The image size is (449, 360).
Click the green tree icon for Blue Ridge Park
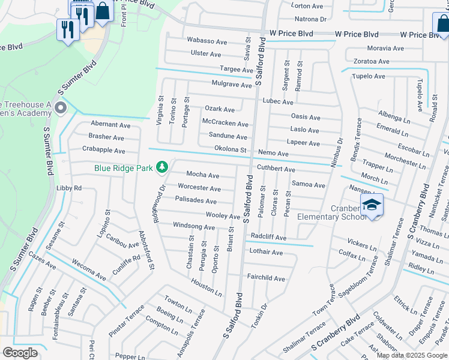161,166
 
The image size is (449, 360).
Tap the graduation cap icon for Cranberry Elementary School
372,205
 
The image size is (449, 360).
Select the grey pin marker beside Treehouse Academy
60,109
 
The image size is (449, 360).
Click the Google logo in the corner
20,353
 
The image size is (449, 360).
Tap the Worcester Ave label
199,188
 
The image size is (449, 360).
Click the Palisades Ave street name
196,201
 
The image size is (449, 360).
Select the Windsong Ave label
193,227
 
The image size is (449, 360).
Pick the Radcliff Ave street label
268,237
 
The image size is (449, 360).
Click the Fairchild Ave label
267,278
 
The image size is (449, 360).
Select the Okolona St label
231,149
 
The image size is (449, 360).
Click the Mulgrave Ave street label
231,85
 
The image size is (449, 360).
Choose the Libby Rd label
68,188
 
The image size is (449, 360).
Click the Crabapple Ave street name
103,151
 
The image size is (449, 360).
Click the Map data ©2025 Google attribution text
412,355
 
